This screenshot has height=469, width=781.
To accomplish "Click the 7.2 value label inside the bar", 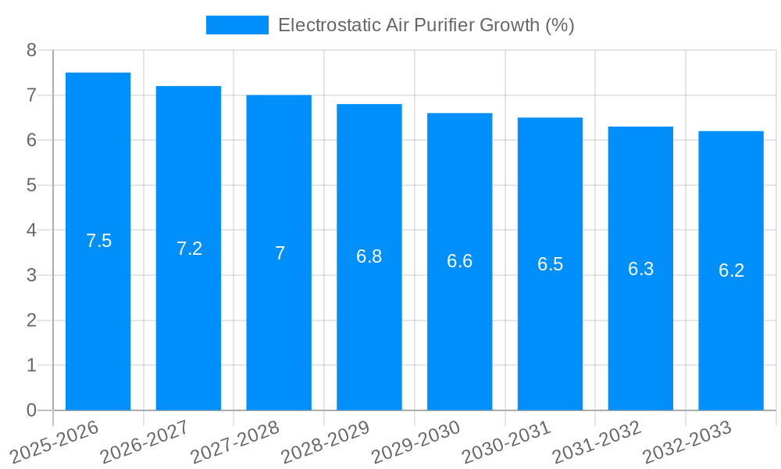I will pyautogui.click(x=189, y=249).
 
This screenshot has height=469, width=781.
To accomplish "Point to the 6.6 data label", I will pyautogui.click(x=459, y=261).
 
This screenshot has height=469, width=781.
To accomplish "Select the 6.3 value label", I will pyautogui.click(x=640, y=269).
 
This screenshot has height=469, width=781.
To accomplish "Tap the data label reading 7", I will pyautogui.click(x=280, y=253).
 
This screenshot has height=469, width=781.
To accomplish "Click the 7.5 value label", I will pyautogui.click(x=99, y=241).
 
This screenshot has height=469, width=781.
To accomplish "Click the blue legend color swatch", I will pyautogui.click(x=237, y=25).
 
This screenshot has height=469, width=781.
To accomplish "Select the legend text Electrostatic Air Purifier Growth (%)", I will pyautogui.click(x=426, y=25).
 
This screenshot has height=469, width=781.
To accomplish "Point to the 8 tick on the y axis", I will pyautogui.click(x=31, y=51).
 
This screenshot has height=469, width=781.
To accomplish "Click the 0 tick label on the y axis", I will pyautogui.click(x=31, y=410).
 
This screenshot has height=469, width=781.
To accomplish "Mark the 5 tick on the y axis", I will pyautogui.click(x=31, y=186).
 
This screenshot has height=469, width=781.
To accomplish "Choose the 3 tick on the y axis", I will pyautogui.click(x=31, y=276).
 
